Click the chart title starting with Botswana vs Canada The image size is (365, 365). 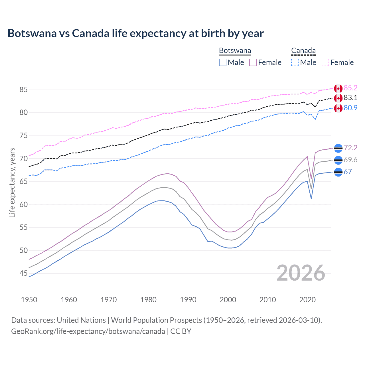pos(135,33)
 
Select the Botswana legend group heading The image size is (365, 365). pos(235,51)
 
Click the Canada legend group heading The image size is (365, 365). pos(303,51)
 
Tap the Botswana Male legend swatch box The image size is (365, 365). pos(223,62)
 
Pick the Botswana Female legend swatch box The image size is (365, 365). pos(253,62)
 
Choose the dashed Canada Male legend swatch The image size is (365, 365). pos(295,62)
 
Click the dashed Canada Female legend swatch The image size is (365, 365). pos(325,62)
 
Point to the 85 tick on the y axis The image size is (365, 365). pos(23,90)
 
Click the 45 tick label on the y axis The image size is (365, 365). pos(23,273)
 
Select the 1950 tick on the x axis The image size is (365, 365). pos(29,300)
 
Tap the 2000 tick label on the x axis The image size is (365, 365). pos(228,300)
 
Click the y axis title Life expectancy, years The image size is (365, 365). pos(12,182)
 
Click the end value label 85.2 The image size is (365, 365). pos(350,88)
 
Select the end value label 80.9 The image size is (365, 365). pos(350,108)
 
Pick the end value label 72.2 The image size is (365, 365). pos(350,148)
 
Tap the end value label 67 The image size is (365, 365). pos(348,172)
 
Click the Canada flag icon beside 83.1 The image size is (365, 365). pos(338,98)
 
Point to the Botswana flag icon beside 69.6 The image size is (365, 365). pos(338,160)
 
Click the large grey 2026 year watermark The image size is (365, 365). pos(301,273)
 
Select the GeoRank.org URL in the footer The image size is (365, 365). pos(88,331)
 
